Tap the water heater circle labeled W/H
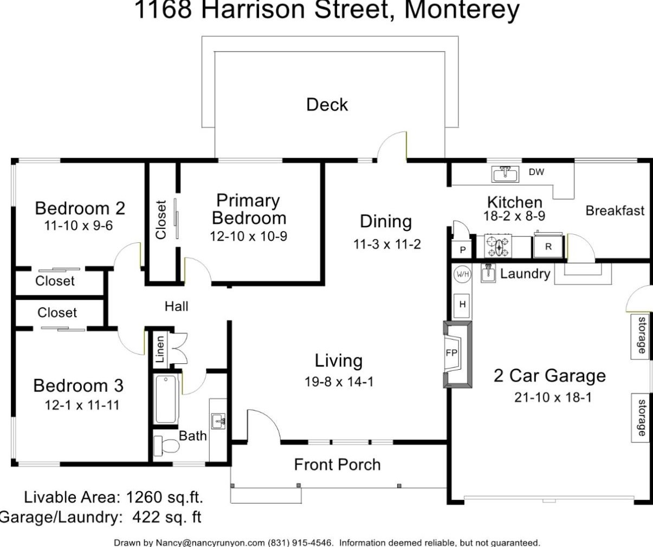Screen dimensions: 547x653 pos(462,274)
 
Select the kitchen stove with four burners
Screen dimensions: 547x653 pos(498,246)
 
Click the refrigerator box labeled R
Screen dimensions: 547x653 pos(548,247)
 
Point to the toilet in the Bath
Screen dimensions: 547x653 pos(167,446)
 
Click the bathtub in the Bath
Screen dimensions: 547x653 pos(166,399)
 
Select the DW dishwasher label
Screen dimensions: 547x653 pos(536,172)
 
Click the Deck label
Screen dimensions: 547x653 pos(327,105)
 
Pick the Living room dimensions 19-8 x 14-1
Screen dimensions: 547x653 pos(339,382)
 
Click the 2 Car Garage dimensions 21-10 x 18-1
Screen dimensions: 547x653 pos(553,397)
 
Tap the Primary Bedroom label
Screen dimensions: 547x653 pos(249,209)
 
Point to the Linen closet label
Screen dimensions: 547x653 pos(160,349)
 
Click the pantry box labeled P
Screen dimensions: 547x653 pos(462,250)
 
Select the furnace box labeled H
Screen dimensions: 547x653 pos(462,305)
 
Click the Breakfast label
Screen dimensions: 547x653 pos(615,210)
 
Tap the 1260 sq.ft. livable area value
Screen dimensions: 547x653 pos(165,497)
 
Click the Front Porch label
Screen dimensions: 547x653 pos(337,465)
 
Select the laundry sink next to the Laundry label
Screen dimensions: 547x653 pos(488,273)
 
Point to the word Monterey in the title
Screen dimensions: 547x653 pos(462,11)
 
